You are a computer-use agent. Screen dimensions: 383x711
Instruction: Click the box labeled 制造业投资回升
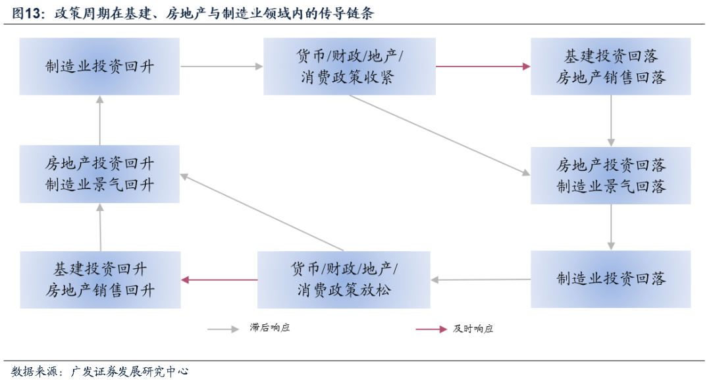pos(99,66)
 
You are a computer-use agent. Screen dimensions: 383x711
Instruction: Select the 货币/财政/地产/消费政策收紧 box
pos(349,66)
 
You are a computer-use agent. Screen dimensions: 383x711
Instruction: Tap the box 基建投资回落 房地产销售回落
pos(610,66)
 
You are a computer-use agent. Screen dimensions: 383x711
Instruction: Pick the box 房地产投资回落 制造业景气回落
pos(610,175)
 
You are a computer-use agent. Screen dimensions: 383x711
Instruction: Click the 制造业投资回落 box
pos(610,279)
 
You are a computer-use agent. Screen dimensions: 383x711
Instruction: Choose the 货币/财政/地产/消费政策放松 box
pos(344,279)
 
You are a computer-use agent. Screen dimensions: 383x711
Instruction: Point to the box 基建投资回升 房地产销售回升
pos(100,279)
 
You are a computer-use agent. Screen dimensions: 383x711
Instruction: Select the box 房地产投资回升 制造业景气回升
pos(99,173)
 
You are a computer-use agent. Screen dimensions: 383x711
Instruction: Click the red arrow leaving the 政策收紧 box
pos(483,66)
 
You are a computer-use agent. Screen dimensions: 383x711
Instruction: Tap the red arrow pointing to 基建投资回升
pos(219,280)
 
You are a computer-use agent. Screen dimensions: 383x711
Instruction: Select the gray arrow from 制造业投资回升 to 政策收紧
pos(221,66)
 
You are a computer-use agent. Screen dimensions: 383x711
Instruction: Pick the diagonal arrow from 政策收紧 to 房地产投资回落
pos(438,135)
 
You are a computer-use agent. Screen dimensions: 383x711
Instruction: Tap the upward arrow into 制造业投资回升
pos(99,120)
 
